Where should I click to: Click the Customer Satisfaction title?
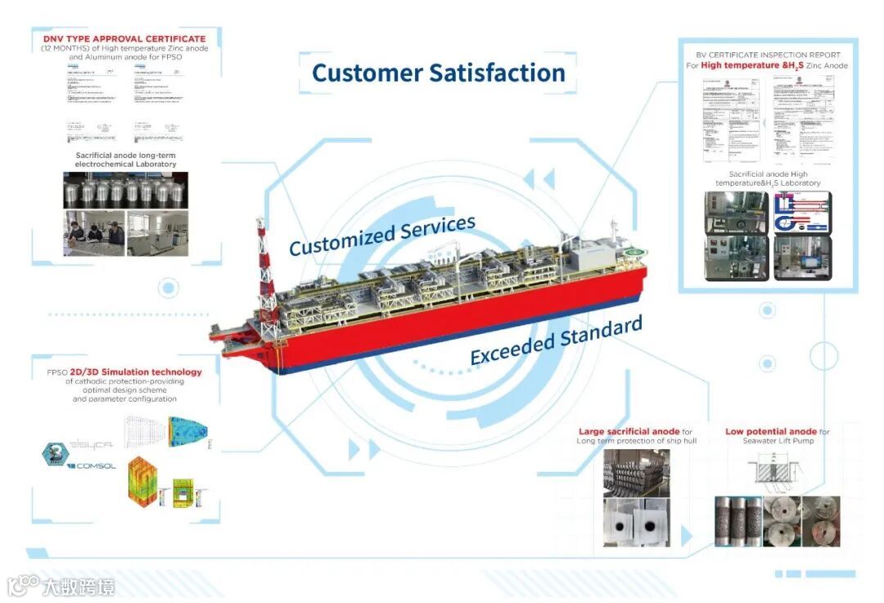(x=439, y=73)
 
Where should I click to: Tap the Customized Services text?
(x=381, y=236)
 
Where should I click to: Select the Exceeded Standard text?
(x=556, y=342)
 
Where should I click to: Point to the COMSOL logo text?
(x=96, y=466)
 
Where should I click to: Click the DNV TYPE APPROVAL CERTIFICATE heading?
(x=124, y=38)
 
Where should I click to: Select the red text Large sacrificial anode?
(x=629, y=431)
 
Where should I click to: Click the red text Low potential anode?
(x=770, y=431)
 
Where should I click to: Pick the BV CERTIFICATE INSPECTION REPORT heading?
(x=768, y=55)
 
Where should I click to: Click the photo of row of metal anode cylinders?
(x=125, y=191)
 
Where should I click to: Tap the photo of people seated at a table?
(x=94, y=233)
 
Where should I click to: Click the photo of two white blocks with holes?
(x=636, y=523)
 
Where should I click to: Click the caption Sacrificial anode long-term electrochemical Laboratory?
(x=125, y=160)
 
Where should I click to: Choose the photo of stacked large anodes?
(x=636, y=472)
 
